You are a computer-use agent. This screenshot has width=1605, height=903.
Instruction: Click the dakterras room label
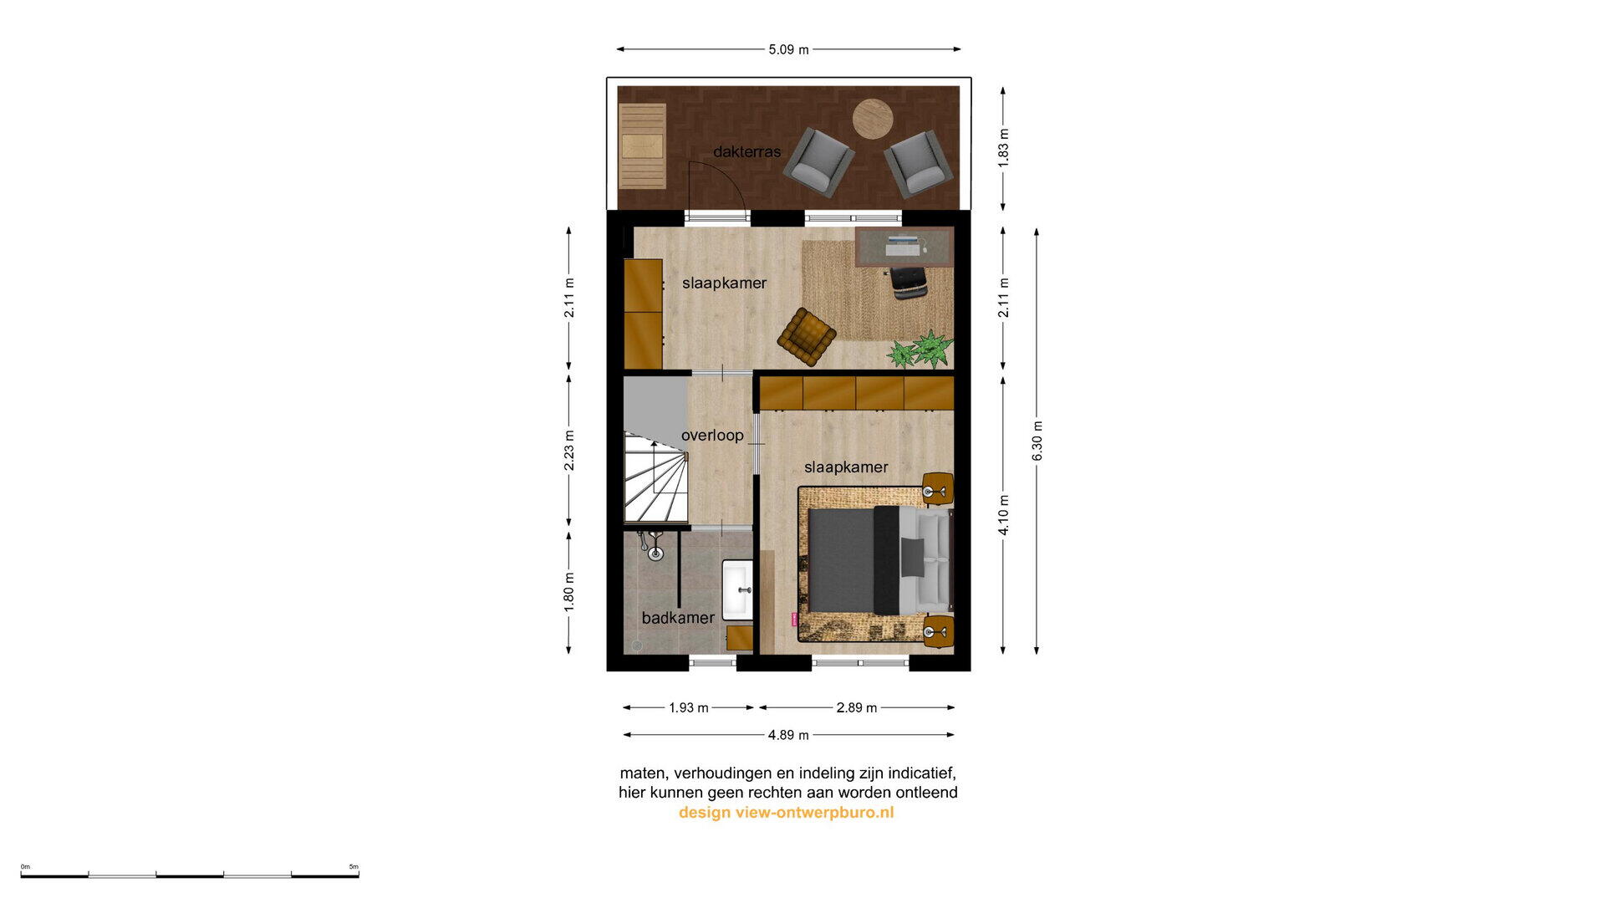(746, 151)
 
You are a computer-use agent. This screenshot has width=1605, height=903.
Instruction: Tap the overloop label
(712, 435)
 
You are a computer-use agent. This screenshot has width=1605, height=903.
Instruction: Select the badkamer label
(678, 618)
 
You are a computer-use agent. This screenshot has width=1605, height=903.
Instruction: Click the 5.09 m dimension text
(788, 49)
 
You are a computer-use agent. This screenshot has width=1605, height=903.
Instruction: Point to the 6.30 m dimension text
(1037, 441)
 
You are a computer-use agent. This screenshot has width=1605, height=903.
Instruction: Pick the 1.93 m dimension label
(688, 707)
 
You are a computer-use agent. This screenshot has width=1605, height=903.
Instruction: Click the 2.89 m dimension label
(857, 707)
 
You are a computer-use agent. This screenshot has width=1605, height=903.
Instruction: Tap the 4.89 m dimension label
(788, 735)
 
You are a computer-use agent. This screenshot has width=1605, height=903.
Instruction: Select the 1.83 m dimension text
(1004, 147)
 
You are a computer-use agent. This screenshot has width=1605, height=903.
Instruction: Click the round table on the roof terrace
(873, 120)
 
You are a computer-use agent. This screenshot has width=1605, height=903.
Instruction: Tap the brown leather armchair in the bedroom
(807, 337)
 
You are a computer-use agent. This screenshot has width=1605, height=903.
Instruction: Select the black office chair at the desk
(908, 282)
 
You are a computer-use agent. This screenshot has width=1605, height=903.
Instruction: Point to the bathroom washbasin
(738, 589)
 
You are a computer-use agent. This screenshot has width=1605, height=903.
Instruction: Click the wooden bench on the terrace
(643, 146)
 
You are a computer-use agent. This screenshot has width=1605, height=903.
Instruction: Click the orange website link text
(787, 813)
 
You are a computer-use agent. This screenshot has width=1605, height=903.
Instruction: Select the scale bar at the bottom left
(190, 874)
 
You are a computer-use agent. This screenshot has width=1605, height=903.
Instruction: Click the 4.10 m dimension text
(1004, 515)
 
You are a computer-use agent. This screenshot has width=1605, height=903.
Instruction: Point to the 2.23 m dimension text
(569, 451)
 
